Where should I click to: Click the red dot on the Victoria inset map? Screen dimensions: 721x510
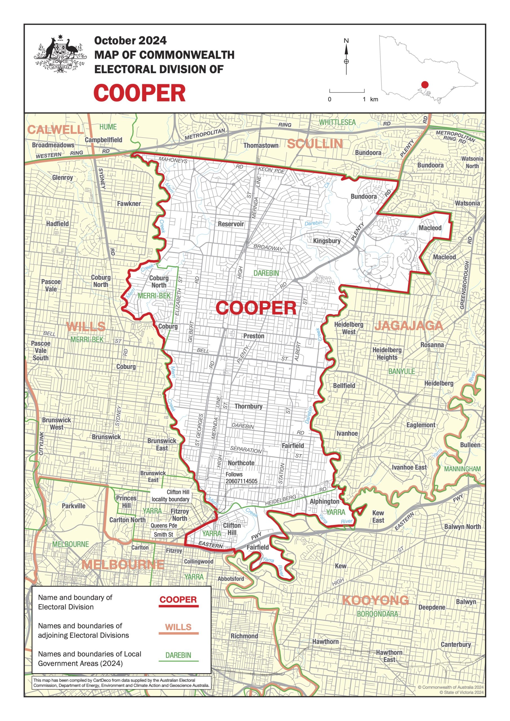[425, 84]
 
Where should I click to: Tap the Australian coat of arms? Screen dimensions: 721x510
[59, 55]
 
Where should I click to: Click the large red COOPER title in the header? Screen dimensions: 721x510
[139, 93]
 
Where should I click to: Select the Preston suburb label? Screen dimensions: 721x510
[254, 336]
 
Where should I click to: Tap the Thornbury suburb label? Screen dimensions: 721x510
[248, 406]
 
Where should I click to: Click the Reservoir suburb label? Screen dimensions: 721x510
[231, 224]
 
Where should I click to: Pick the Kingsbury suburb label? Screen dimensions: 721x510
[327, 241]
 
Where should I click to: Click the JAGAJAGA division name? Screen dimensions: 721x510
[409, 326]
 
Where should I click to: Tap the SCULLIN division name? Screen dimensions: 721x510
[315, 144]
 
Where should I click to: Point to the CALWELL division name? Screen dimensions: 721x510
[56, 129]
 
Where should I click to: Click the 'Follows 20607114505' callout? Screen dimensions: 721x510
[241, 478]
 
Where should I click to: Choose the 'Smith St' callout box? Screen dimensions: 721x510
[163, 535]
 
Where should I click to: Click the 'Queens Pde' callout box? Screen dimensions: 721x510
[164, 525]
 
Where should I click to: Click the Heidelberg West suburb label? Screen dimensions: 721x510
[349, 328]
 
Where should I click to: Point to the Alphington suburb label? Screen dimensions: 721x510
[324, 502]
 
